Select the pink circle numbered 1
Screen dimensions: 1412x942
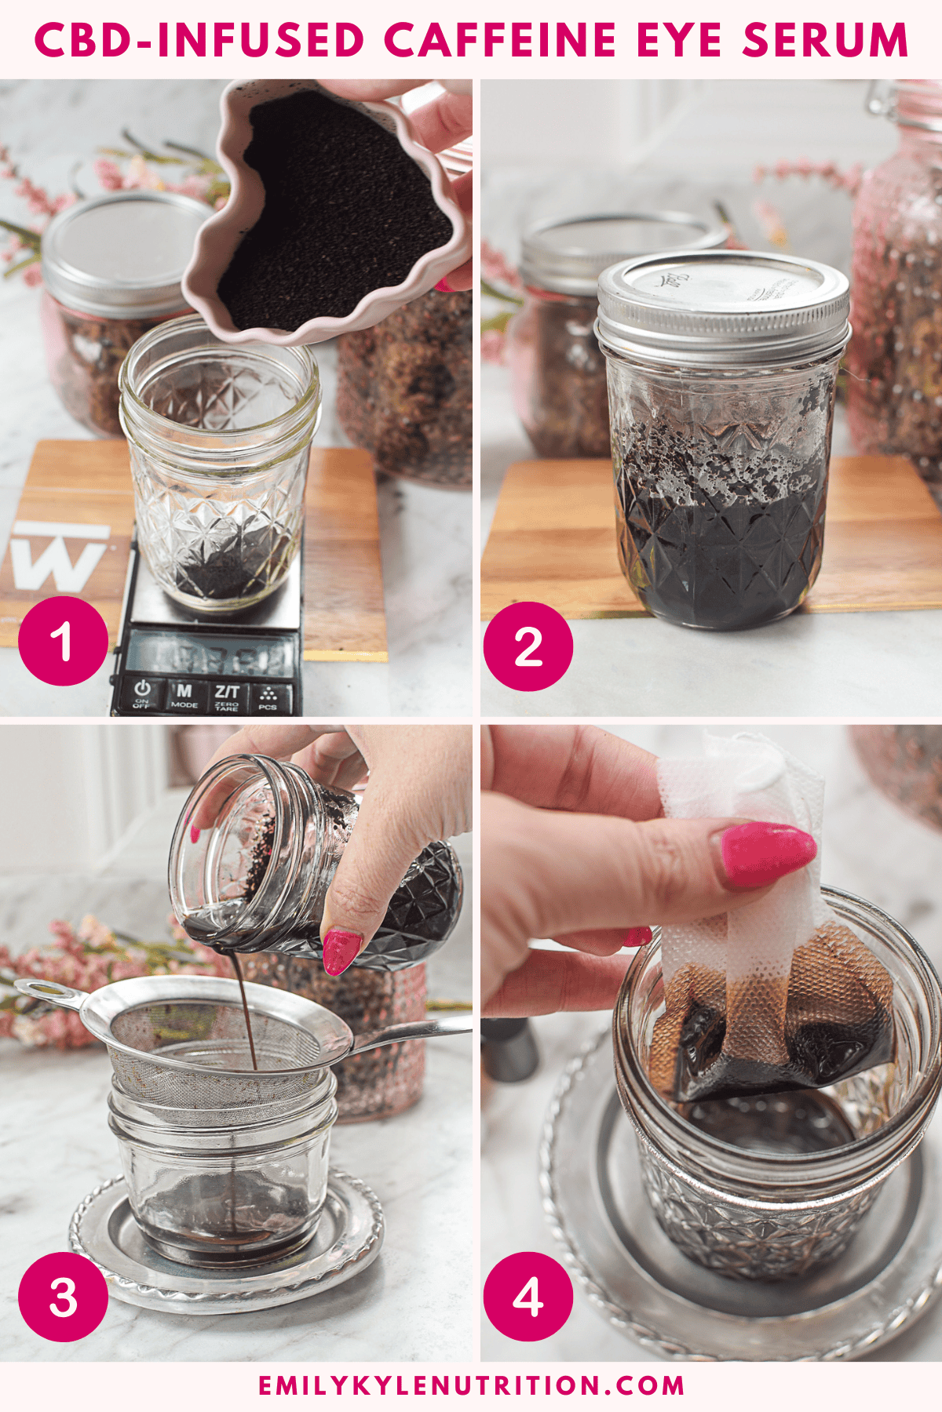[63, 640]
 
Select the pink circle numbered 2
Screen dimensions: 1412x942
[528, 646]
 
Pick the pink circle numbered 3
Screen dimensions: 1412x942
[63, 1296]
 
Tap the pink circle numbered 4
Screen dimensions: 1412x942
[528, 1296]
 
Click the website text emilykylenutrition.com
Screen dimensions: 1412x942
[471, 1385]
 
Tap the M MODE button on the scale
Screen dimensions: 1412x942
[184, 695]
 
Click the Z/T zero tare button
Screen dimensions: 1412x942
[227, 695]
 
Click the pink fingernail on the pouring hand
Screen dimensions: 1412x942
[341, 952]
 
